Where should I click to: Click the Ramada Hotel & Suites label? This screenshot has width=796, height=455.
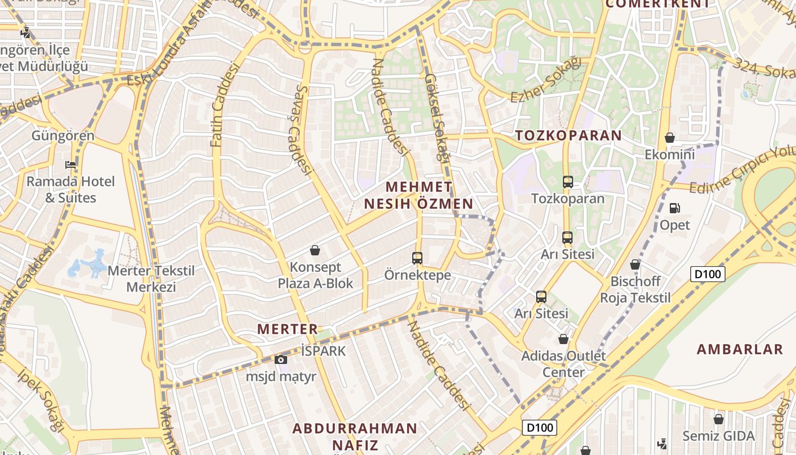pos(71,189)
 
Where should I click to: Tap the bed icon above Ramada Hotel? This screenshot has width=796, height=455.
pos(71,165)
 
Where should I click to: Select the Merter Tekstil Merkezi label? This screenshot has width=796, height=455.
pos(151,279)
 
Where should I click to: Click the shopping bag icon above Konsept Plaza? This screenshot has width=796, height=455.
pos(315,250)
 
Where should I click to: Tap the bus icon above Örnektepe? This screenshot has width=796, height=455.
pos(417,258)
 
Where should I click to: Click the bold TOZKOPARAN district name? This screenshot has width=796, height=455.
pos(569,135)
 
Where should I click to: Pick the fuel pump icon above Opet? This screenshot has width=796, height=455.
pos(675,208)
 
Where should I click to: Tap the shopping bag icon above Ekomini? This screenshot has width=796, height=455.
pos(670,138)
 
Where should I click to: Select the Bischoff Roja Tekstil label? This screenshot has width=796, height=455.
pos(636,289)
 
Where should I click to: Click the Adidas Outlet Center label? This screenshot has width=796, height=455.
pos(553,364)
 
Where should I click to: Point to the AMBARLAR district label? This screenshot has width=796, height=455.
pos(740,349)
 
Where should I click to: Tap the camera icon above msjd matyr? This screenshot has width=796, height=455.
pos(280,359)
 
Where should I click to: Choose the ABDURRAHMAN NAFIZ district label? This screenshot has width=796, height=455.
pos(355,436)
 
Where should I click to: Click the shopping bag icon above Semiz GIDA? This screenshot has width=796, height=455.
pos(719,419)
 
